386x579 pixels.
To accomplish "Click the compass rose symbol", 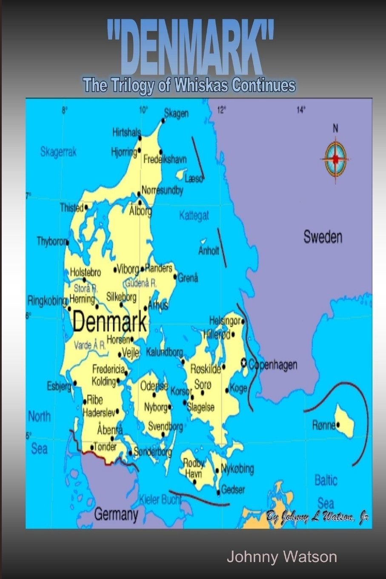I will point(335,158).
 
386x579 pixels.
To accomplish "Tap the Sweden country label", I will point(323,237).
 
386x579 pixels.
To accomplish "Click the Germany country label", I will point(116,514).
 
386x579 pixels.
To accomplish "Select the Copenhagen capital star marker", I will point(244,363).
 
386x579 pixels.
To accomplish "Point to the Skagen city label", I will point(176,113).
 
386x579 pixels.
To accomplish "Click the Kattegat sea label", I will point(194,215).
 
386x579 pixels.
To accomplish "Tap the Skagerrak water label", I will point(58,152).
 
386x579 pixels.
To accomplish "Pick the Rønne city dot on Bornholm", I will point(338,424).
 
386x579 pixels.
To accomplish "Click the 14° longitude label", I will point(301,110).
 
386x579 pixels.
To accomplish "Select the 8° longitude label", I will point(65,110).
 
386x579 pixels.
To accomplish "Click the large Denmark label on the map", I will point(109,322).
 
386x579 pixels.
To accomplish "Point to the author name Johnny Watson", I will point(282,557).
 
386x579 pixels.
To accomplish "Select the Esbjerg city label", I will point(59,387).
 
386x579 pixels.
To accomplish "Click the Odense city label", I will point(154,386).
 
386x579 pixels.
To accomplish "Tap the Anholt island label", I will point(209,250).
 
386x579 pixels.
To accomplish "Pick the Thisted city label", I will point(71,208).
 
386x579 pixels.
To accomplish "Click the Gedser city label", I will point(233,490).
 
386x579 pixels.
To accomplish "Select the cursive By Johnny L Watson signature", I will point(317,517).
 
